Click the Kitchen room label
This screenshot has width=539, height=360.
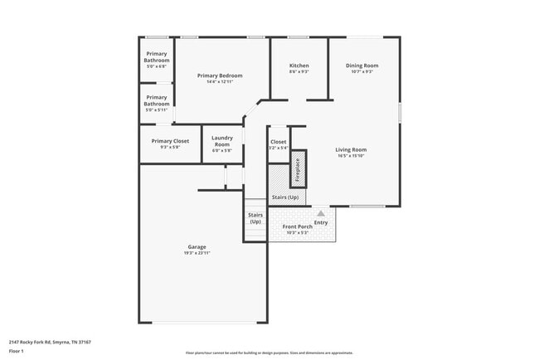pyautogui.click(x=299, y=66)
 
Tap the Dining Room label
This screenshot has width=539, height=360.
pyautogui.click(x=362, y=66)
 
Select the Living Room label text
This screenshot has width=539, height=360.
pyautogui.click(x=351, y=150)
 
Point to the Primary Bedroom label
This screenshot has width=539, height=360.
pyautogui.click(x=220, y=75)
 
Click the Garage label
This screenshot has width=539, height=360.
pyautogui.click(x=197, y=246)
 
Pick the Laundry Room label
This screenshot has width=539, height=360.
pyautogui.click(x=221, y=140)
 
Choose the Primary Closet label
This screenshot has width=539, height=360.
pyautogui.click(x=170, y=141)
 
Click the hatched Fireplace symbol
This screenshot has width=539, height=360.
pyautogui.click(x=299, y=168)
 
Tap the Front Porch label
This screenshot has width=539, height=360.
pyautogui.click(x=297, y=226)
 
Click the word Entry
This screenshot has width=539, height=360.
pyautogui.click(x=321, y=222)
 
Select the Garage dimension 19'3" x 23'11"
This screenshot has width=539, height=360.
pyautogui.click(x=197, y=252)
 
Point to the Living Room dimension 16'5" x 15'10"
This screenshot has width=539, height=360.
pyautogui.click(x=351, y=156)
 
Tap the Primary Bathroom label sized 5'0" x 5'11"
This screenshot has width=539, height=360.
pyautogui.click(x=157, y=100)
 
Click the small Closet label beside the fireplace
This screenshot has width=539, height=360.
pyautogui.click(x=278, y=142)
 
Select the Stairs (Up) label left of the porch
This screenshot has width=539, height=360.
pyautogui.click(x=255, y=218)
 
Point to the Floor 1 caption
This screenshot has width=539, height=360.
pyautogui.click(x=17, y=350)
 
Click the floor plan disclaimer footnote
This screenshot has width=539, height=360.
pyautogui.click(x=269, y=353)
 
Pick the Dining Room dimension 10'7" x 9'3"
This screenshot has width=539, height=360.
pyautogui.click(x=362, y=71)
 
